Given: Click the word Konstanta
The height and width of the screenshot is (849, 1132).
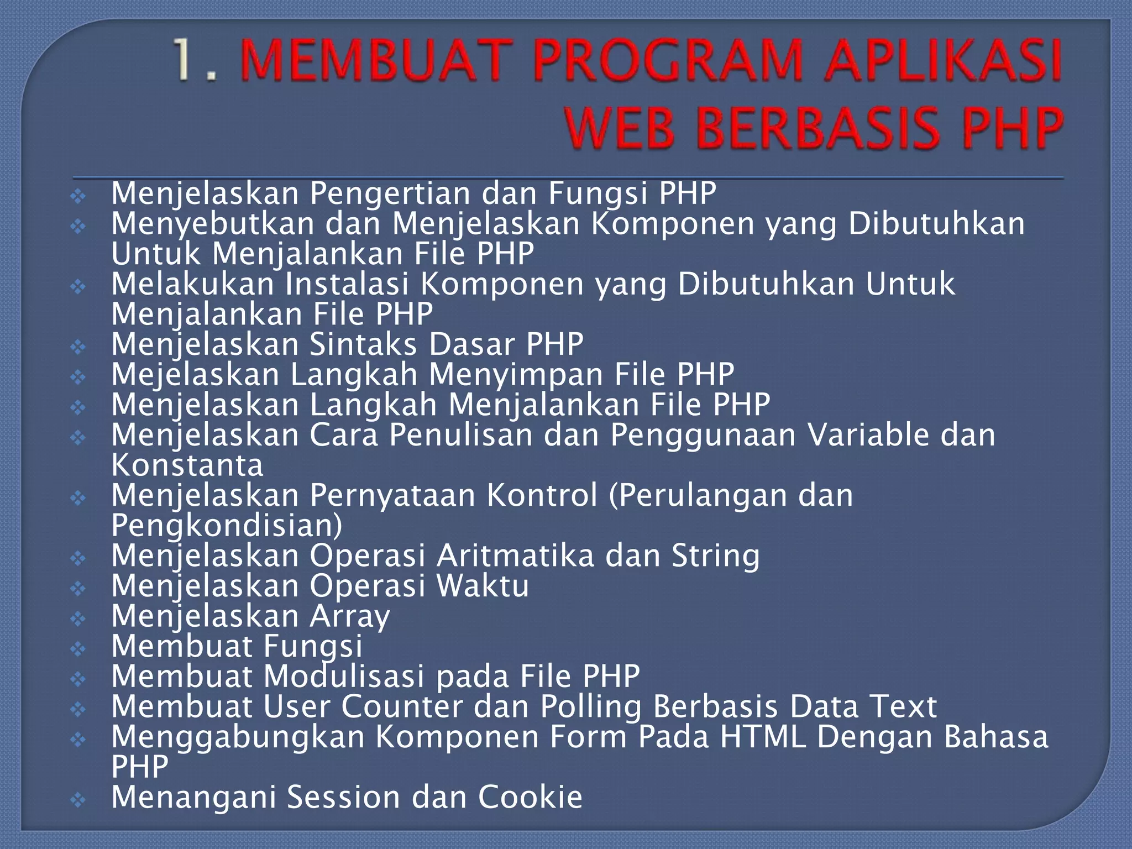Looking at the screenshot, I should (x=187, y=465).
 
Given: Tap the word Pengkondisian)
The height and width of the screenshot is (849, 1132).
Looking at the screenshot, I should (x=227, y=526).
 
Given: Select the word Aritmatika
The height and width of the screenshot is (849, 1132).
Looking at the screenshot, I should (x=515, y=555).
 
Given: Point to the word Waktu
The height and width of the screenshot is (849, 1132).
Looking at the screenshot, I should (x=483, y=586).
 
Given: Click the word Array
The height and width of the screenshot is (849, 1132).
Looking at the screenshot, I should (x=350, y=616).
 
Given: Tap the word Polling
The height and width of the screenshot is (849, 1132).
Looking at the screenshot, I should (x=591, y=707).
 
